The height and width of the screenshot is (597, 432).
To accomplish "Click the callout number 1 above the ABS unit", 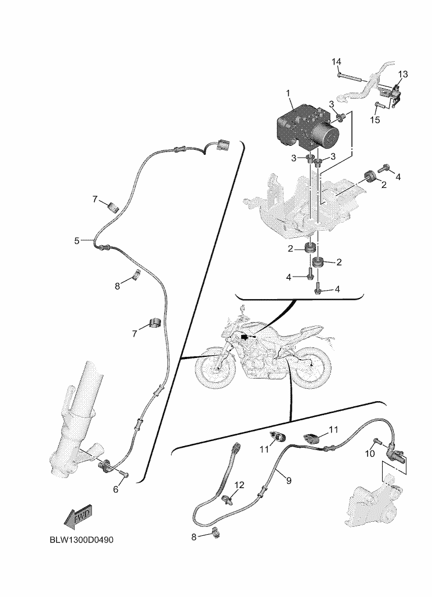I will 287,92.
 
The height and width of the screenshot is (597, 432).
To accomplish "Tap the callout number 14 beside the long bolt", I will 336,61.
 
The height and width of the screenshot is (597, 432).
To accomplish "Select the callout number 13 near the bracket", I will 403,74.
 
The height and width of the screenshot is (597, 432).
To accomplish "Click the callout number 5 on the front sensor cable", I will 77,241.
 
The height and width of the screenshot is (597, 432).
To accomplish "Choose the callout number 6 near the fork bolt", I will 116,489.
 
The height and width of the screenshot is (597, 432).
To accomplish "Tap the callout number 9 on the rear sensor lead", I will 288,480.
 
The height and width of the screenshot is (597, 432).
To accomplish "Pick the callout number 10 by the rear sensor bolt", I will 370,453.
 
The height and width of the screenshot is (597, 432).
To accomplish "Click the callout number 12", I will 239,485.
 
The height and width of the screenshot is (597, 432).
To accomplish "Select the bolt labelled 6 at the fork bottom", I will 126,475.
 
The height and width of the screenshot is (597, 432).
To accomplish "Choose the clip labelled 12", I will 227,499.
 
